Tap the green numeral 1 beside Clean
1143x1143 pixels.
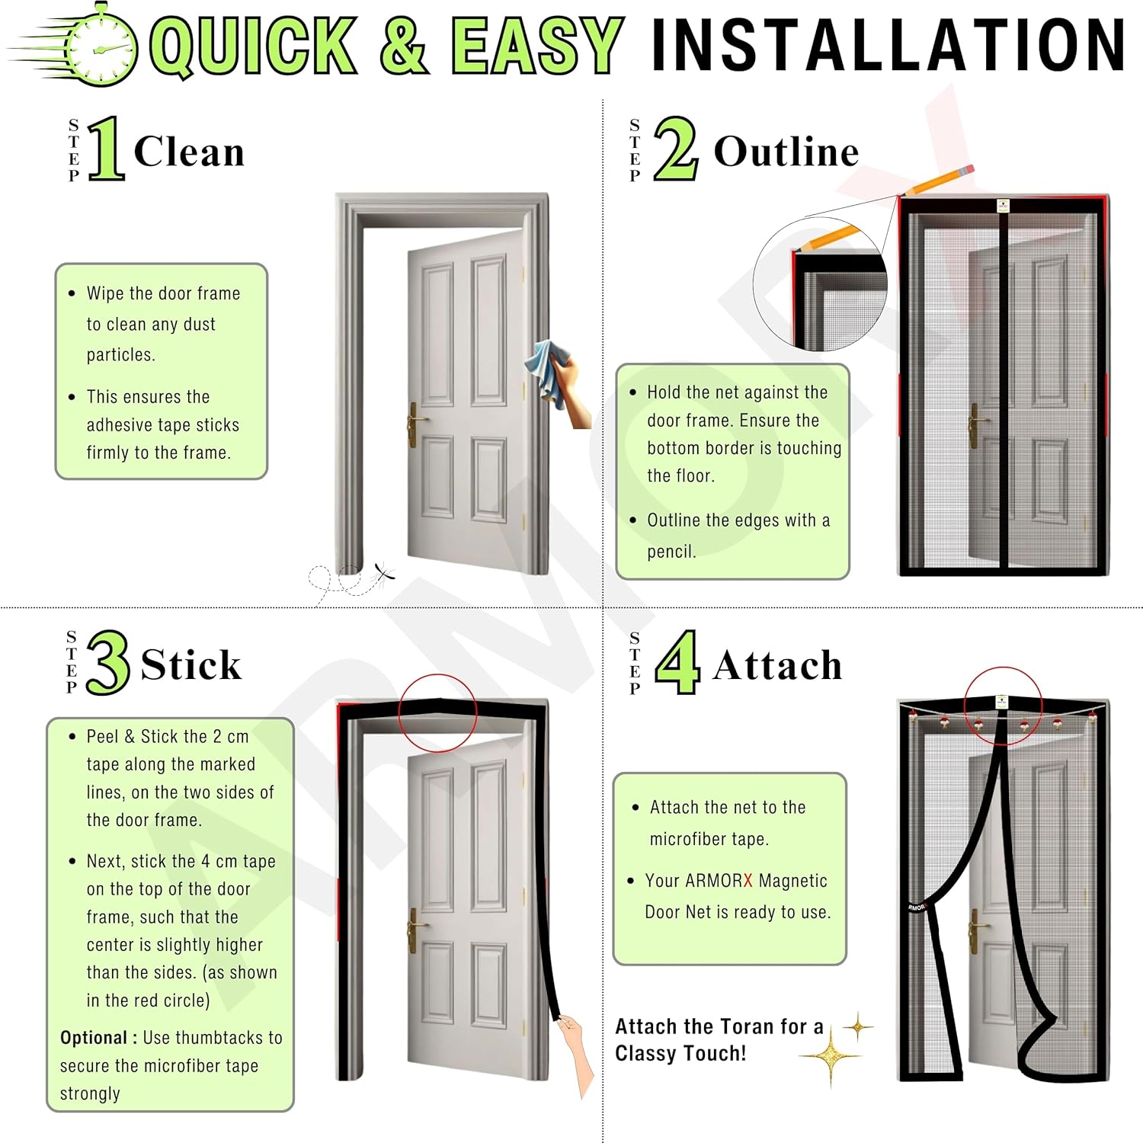point(107,149)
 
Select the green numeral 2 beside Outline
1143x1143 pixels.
point(676,149)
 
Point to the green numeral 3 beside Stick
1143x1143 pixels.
point(107,662)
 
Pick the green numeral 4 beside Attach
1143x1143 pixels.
point(677,662)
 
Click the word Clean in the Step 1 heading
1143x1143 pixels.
point(189,151)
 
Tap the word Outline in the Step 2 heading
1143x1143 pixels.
point(786,151)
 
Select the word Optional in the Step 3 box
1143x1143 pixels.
point(94,1038)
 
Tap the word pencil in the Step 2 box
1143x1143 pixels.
point(671,552)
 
